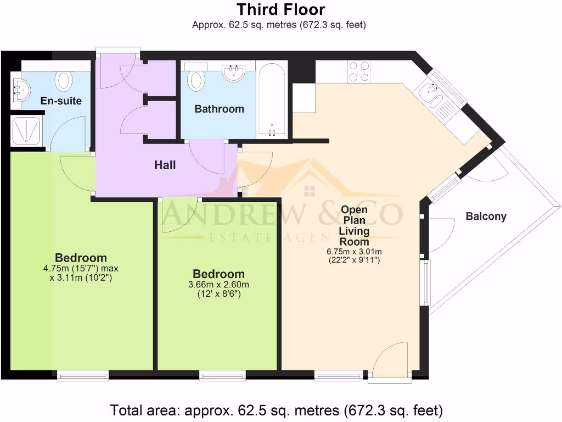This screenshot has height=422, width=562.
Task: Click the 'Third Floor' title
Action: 280,9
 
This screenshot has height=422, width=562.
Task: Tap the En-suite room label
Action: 61,101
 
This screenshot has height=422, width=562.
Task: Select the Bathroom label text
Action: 219,109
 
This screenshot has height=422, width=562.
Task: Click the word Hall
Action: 165,164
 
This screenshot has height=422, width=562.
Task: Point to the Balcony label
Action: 486,216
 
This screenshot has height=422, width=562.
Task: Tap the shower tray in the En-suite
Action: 25,131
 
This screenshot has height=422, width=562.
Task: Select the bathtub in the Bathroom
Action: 272,101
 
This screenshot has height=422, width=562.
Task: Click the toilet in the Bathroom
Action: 196,79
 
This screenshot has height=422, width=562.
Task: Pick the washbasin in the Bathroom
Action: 234,73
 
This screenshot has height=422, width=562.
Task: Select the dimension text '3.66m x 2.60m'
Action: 218,285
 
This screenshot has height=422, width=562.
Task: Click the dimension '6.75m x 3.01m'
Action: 354,252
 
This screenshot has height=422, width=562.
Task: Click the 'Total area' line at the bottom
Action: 276,410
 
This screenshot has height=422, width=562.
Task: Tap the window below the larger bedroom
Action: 83,375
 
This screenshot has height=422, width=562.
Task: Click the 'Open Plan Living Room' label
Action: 354,225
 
